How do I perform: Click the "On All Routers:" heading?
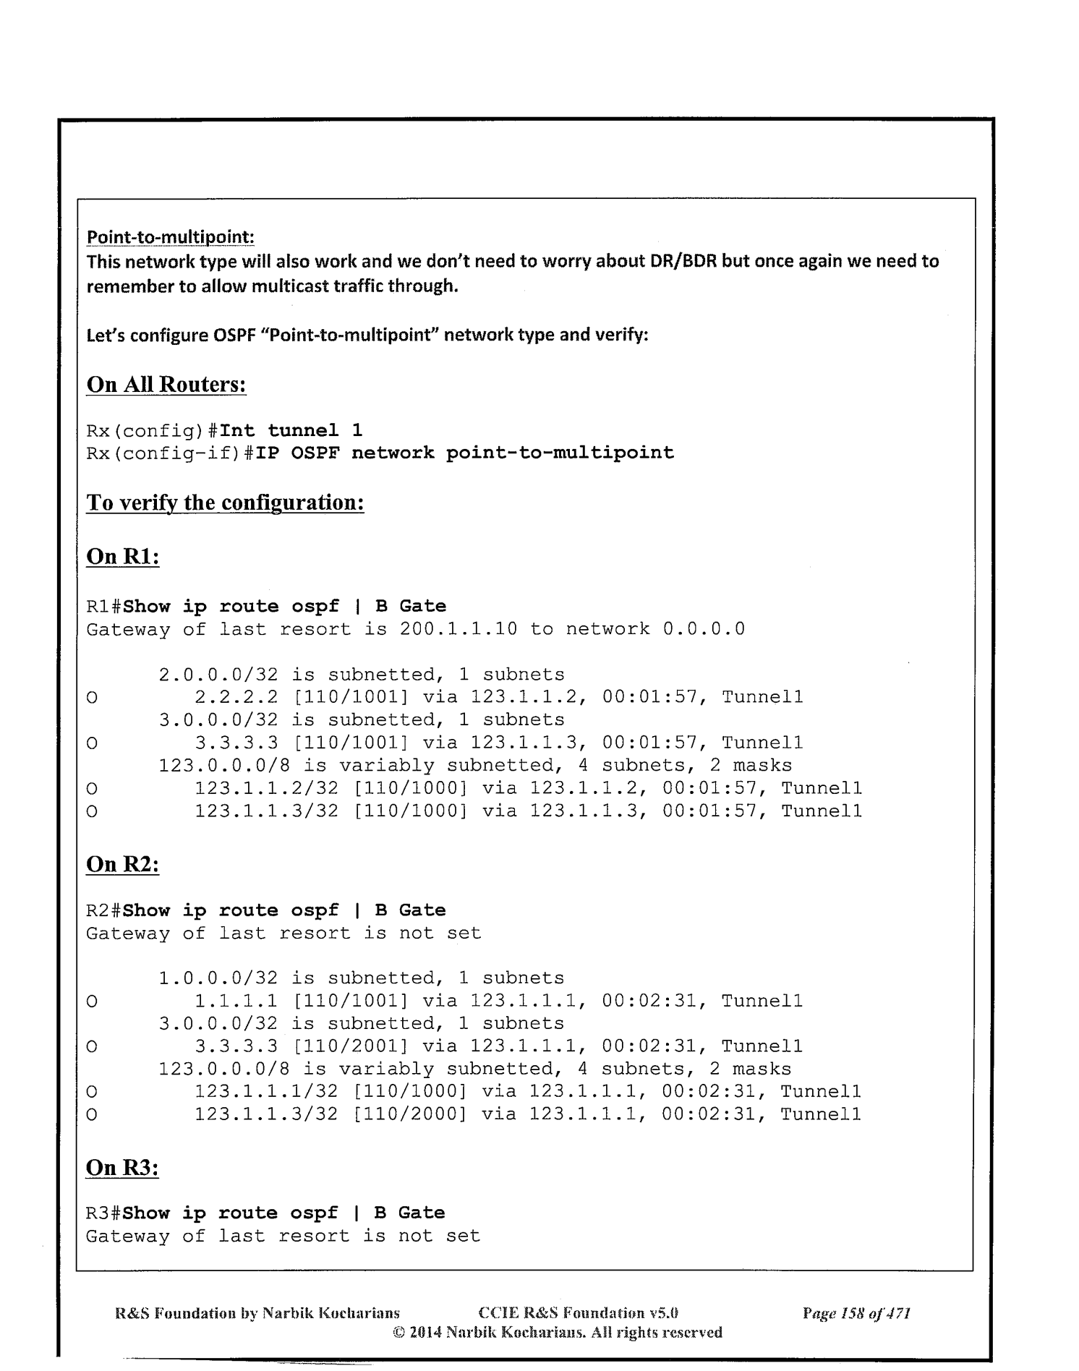(166, 384)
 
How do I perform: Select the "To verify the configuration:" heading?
(225, 502)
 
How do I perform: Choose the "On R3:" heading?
(122, 1167)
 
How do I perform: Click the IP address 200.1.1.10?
(458, 629)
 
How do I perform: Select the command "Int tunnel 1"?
(291, 431)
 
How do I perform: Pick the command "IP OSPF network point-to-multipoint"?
(446, 453)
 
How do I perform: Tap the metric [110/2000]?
(409, 1114)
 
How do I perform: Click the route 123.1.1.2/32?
(266, 788)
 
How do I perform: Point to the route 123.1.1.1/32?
(266, 1091)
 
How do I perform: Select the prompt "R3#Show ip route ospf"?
(212, 1213)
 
